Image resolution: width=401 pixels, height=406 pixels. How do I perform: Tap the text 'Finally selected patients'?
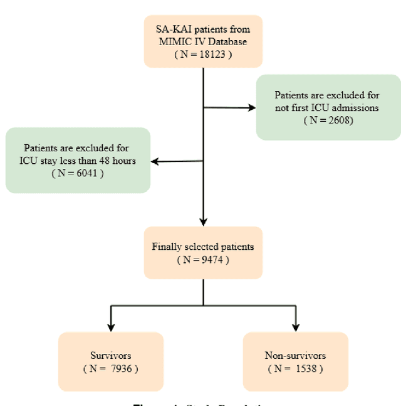[x=202, y=247]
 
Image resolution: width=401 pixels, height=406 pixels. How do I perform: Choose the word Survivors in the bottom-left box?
[x=111, y=355]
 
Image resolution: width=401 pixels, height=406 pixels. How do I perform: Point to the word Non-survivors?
[x=295, y=355]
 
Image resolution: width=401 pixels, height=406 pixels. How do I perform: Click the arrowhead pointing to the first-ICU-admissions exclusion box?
[x=252, y=108]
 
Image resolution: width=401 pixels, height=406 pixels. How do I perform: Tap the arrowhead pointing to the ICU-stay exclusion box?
[x=155, y=161]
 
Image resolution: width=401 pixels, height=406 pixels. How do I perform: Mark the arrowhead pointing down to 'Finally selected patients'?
[x=203, y=221]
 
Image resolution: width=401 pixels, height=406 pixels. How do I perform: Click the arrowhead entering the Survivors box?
[x=111, y=326]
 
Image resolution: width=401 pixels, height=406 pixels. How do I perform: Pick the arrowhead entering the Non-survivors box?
[x=295, y=326]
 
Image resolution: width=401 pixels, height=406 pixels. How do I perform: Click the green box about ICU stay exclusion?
[x=78, y=160]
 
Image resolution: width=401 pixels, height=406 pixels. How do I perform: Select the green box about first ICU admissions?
[x=328, y=107]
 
